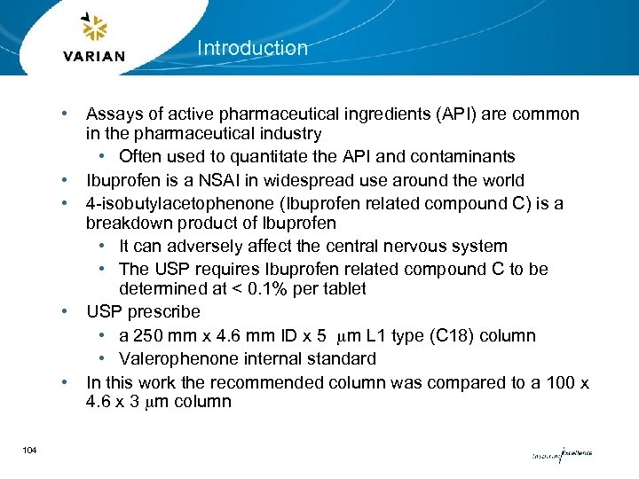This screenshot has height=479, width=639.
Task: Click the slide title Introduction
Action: (x=252, y=48)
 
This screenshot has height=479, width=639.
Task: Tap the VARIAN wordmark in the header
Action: (x=95, y=57)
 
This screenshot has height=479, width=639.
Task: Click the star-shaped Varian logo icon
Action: (x=95, y=28)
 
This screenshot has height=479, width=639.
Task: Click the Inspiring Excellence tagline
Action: (x=561, y=454)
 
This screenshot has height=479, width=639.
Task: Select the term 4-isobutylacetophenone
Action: (x=174, y=203)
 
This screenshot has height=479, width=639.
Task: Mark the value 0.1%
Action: (x=274, y=289)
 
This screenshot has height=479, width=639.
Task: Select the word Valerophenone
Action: (x=177, y=359)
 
